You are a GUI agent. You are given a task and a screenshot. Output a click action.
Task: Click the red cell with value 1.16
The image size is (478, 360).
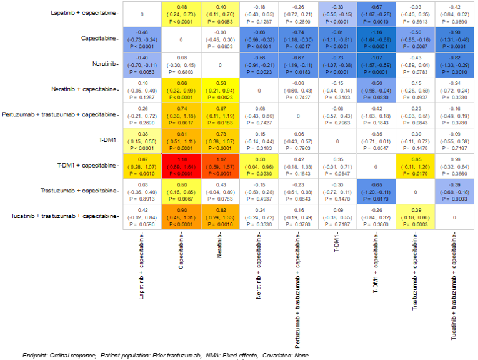point(181,166)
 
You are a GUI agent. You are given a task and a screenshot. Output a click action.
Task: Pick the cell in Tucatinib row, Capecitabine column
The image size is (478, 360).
point(181,217)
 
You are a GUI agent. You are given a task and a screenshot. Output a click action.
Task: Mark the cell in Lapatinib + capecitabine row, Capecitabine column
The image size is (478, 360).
point(181,13)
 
